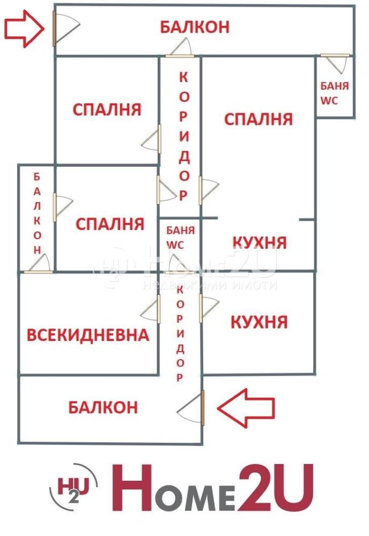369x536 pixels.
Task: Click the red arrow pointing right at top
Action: (x=24, y=29)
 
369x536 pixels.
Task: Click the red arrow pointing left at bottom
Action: (x=246, y=408)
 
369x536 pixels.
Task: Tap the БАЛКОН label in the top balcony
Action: (x=195, y=27)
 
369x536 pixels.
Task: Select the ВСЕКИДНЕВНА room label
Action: (x=88, y=335)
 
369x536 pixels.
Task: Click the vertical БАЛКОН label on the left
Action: (x=37, y=213)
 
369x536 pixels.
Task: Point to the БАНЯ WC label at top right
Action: (x=334, y=93)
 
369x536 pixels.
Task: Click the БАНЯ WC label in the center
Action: (x=180, y=237)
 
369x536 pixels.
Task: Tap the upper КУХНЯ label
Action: (x=260, y=243)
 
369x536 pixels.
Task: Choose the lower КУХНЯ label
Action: (x=259, y=322)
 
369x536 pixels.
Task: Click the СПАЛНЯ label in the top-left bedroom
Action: (x=107, y=110)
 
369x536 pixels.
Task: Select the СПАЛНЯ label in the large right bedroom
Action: (x=259, y=120)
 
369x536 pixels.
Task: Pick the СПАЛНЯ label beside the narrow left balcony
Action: (x=110, y=224)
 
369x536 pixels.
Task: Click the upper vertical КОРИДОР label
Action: (x=184, y=137)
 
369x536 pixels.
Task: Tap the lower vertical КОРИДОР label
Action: (x=180, y=333)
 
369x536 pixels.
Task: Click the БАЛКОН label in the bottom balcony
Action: (x=103, y=407)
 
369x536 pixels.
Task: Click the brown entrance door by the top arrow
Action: (x=54, y=28)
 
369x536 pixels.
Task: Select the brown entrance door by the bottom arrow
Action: (x=202, y=408)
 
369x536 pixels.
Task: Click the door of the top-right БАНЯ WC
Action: (x=335, y=55)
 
